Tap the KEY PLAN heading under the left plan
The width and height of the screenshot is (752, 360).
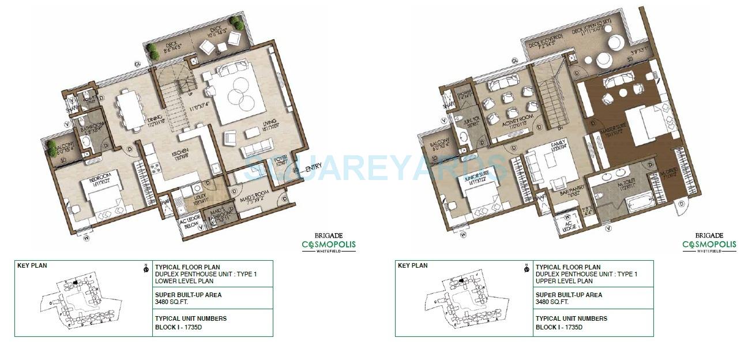(32, 265)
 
